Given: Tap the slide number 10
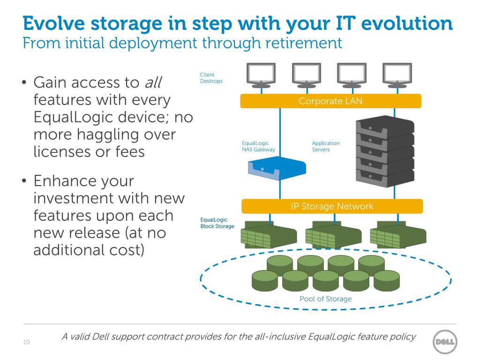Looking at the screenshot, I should pyautogui.click(x=26, y=342).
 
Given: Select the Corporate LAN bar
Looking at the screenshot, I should pyautogui.click(x=330, y=101).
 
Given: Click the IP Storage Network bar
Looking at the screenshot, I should pyautogui.click(x=332, y=206).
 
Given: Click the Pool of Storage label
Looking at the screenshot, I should pyautogui.click(x=325, y=299).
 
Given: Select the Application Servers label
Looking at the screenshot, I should pyautogui.click(x=326, y=146).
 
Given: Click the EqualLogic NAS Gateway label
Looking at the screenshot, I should pyautogui.click(x=258, y=146).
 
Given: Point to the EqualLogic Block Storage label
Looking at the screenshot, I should pyautogui.click(x=217, y=223).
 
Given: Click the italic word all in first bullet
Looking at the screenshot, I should pyautogui.click(x=155, y=83).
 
